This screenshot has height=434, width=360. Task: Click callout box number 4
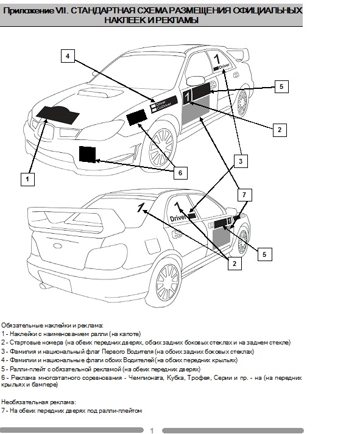pos(68,56)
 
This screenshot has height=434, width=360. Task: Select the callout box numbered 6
pos(180,173)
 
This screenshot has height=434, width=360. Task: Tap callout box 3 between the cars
pos(241,161)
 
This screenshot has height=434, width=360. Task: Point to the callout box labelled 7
pos(244,195)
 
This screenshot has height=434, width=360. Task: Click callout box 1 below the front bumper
pos(27,179)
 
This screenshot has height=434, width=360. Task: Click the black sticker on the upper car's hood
pos(58,114)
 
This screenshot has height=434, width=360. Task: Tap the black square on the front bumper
pos(88,154)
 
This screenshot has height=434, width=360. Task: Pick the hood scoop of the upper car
pos(95,93)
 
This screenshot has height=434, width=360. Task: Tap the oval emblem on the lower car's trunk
pos(58,245)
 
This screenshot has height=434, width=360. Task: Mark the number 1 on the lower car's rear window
pos(141,207)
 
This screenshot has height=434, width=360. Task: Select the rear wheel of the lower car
pos(167,282)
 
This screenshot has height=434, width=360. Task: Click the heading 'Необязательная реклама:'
pos(38,402)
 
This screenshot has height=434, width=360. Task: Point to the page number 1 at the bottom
pos(152,430)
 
